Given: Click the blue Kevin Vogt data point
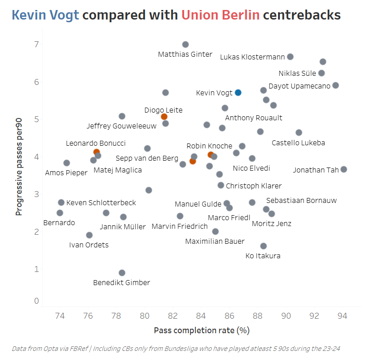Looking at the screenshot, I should pos(238,93).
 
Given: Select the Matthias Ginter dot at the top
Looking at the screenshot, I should pos(185,44).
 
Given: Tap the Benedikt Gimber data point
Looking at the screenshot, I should pos(122,273).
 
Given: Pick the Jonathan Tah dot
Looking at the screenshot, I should pos(344,169).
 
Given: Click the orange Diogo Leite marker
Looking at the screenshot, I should pos(164,117).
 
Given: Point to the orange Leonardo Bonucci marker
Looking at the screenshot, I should pos(97,152).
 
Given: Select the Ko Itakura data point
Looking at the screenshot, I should pos(264,246).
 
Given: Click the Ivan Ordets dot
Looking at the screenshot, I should pos(89,235).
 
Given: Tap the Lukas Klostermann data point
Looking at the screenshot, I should pos(290,57).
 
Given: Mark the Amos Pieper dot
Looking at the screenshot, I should pos(67,163).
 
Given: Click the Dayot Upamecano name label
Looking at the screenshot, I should pos(299,86).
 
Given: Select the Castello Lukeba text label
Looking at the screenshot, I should pos(298,143).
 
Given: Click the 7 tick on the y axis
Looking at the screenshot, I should pos(35,44).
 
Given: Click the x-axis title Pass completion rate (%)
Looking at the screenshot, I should pos(201,330).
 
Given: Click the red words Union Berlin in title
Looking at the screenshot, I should pos(220,15).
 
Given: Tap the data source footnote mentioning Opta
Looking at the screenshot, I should pos(176,348).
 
